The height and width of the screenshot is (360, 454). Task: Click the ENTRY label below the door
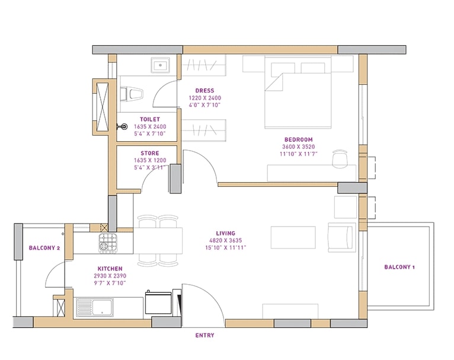(204, 335)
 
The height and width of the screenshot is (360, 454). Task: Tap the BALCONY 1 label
(399, 267)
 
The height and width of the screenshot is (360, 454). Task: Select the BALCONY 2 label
(44, 248)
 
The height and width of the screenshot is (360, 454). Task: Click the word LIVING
(226, 233)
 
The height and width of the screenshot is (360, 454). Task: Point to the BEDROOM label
(299, 139)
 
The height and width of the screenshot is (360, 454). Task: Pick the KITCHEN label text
(110, 269)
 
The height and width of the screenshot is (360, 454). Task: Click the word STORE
(150, 153)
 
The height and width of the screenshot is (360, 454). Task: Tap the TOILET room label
(150, 119)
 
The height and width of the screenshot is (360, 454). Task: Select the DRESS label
(204, 91)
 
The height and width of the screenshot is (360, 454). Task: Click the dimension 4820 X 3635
(226, 240)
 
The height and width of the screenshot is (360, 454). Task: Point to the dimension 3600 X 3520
(299, 147)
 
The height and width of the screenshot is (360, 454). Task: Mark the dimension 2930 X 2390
(110, 276)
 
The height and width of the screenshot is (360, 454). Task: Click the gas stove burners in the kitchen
(108, 243)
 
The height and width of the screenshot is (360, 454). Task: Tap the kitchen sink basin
(95, 307)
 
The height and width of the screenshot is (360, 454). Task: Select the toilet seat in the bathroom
(132, 94)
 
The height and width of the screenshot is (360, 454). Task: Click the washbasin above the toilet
(160, 65)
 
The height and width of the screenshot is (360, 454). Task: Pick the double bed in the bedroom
(298, 92)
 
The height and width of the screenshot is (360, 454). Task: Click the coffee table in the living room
(293, 237)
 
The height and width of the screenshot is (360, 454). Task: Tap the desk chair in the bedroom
(340, 159)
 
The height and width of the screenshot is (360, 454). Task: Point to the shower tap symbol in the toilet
(123, 126)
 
